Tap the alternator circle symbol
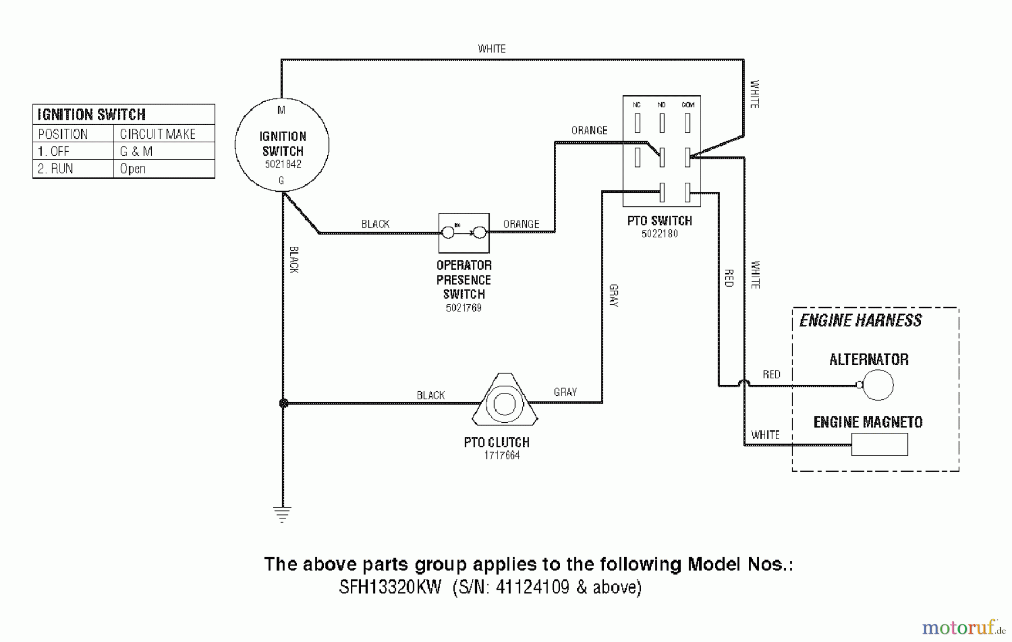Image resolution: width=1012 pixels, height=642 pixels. [x=878, y=385]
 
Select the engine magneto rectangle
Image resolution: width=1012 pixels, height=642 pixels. [x=879, y=444]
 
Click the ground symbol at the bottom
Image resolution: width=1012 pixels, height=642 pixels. [x=282, y=514]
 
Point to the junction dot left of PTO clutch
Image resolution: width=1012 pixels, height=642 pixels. [x=284, y=403]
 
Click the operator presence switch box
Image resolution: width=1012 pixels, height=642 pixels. [x=464, y=233]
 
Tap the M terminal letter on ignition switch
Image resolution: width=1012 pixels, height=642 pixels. [x=281, y=110]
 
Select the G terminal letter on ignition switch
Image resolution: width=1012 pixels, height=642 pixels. [x=281, y=180]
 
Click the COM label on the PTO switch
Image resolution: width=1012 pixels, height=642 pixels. [x=688, y=105]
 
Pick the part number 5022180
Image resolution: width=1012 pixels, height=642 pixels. [x=659, y=234]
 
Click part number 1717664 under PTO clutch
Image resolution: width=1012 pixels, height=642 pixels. [x=502, y=455]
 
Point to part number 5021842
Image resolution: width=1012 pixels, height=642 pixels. [x=283, y=164]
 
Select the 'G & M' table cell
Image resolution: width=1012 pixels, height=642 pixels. [x=136, y=151]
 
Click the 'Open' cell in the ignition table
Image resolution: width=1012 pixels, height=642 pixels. [x=133, y=169]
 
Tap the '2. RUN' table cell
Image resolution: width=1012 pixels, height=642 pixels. [x=55, y=169]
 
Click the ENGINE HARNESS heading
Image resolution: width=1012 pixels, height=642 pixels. [x=860, y=320]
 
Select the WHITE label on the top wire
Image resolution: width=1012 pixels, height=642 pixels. [x=491, y=49]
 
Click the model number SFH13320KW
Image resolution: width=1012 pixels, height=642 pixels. [x=390, y=587]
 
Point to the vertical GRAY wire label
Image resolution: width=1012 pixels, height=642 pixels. [x=613, y=296]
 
